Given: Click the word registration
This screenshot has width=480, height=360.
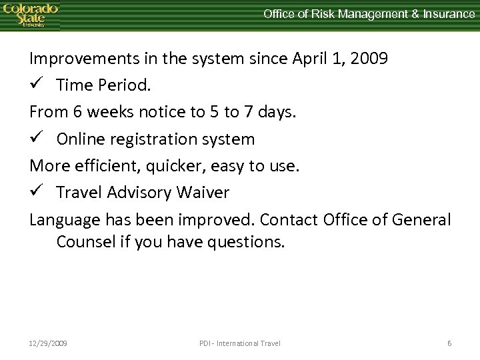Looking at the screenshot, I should coord(146,139).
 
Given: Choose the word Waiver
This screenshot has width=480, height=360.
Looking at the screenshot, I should coord(204,193).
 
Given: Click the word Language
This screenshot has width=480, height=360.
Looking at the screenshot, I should coord(62,220).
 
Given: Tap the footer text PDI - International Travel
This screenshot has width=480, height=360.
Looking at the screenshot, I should coord(240,343).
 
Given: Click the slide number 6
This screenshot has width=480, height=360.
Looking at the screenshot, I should coord(449,343).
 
